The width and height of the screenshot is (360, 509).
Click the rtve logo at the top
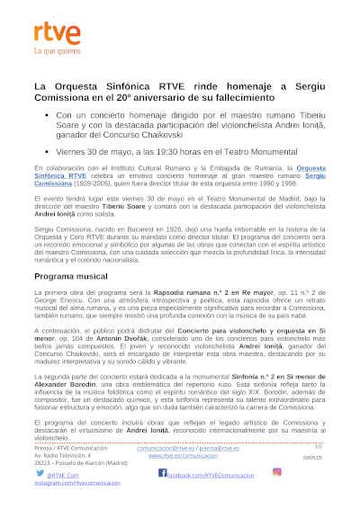(50, 33)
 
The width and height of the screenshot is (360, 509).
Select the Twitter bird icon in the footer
(40, 472)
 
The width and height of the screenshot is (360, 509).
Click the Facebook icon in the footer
(162, 472)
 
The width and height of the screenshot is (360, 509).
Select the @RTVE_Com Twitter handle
(61, 474)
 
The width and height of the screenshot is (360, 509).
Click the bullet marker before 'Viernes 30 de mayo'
(47, 152)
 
